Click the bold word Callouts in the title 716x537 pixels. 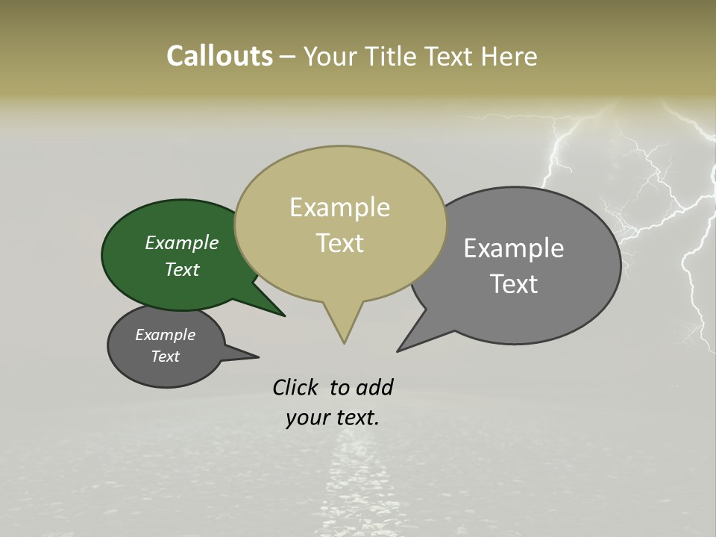219,56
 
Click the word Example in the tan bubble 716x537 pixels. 339,207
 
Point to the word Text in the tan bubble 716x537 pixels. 339,242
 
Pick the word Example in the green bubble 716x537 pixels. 182,242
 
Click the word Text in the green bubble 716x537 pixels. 182,269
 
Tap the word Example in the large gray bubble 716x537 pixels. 514,248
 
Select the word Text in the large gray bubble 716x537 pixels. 514,283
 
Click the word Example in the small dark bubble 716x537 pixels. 166,335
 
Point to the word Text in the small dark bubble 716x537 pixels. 166,357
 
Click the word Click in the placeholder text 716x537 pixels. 295,387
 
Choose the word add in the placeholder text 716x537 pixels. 374,387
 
